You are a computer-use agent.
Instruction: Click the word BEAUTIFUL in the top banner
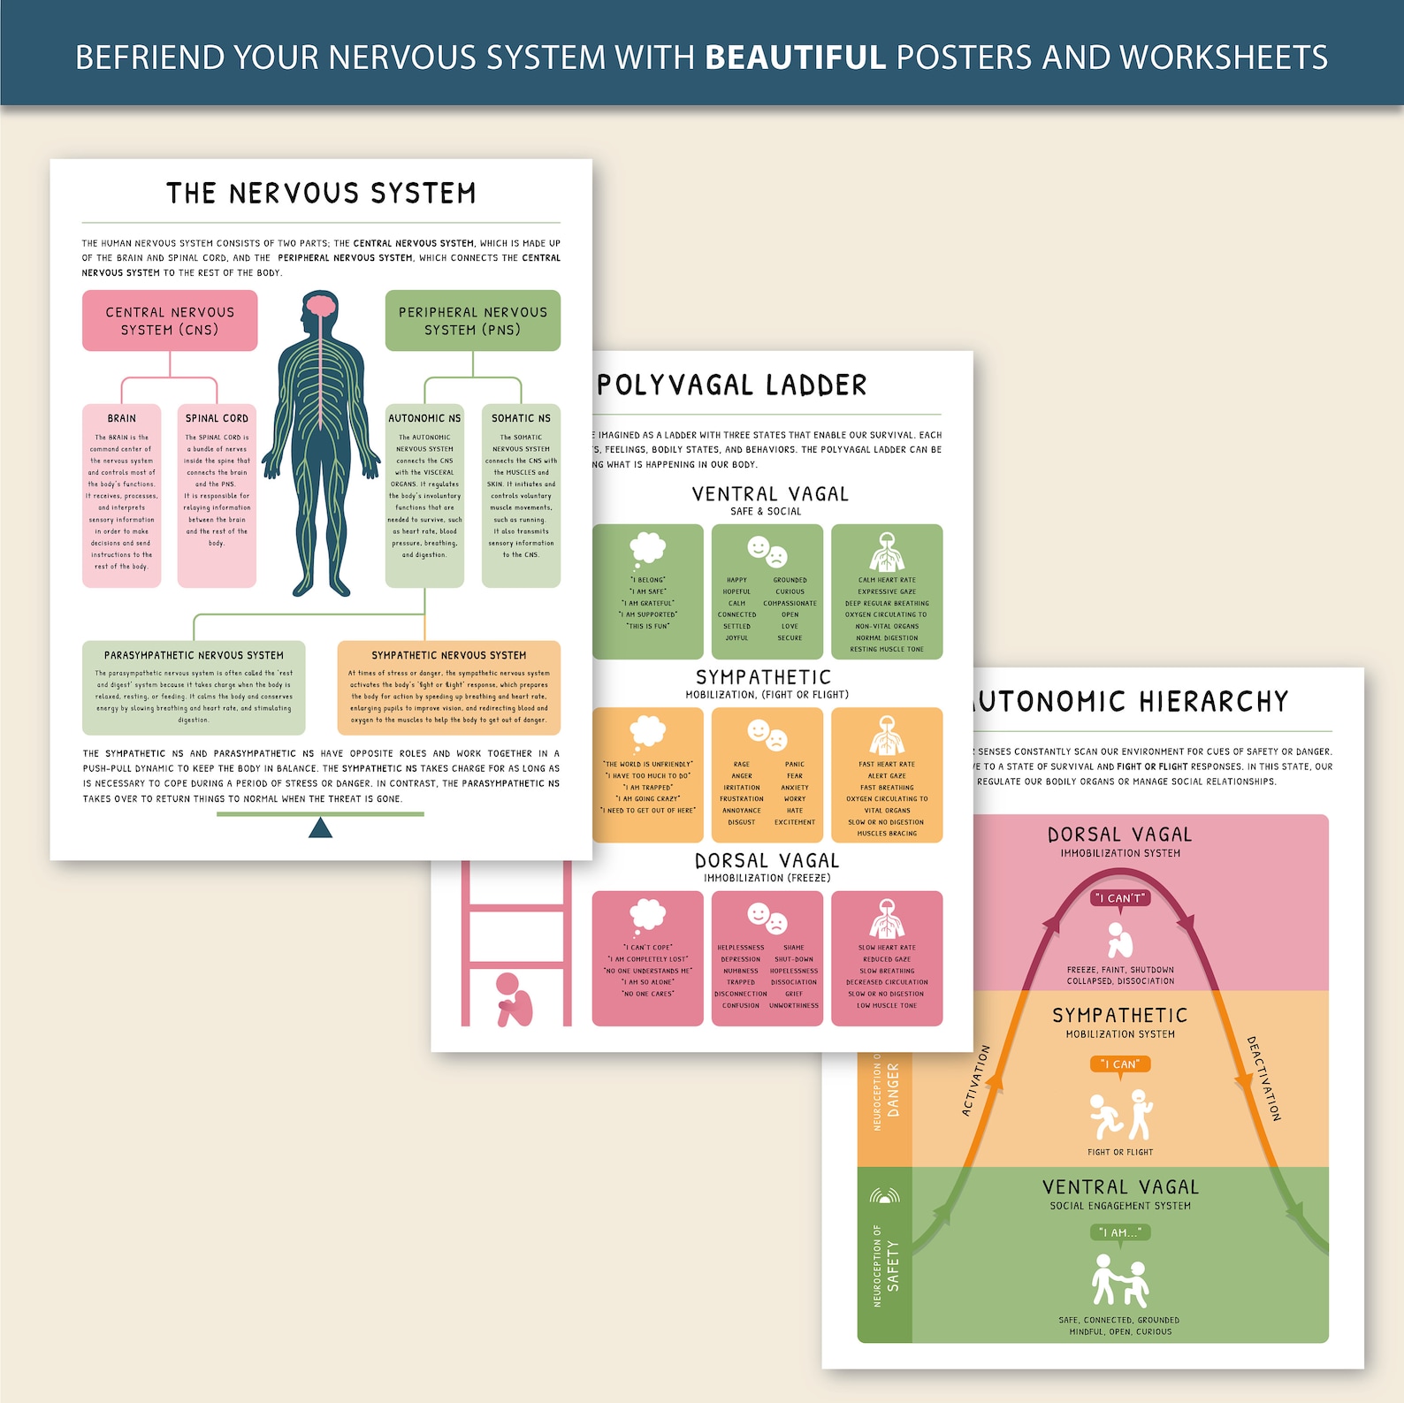(795, 57)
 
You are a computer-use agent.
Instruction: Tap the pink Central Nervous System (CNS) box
(170, 321)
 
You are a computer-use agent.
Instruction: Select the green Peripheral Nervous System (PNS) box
(472, 321)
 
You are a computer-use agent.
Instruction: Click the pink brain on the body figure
(319, 307)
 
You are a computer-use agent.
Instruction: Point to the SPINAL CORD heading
(217, 418)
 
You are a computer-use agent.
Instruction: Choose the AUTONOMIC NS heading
(424, 418)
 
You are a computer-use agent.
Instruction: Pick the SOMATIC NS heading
(521, 418)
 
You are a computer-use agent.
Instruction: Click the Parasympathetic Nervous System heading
(194, 655)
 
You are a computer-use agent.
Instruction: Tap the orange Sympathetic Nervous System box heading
(448, 655)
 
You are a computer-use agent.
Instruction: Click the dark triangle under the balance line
(320, 827)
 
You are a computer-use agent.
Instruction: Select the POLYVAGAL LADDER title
(732, 385)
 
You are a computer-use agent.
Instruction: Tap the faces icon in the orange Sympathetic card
(767, 735)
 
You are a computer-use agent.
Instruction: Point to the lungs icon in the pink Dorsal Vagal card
(887, 918)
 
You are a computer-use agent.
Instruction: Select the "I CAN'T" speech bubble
(1120, 898)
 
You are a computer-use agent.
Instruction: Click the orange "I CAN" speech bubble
(1120, 1064)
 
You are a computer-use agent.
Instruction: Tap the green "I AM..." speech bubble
(1120, 1232)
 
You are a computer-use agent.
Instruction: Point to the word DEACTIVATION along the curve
(1263, 1079)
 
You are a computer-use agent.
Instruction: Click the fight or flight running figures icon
(1120, 1116)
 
